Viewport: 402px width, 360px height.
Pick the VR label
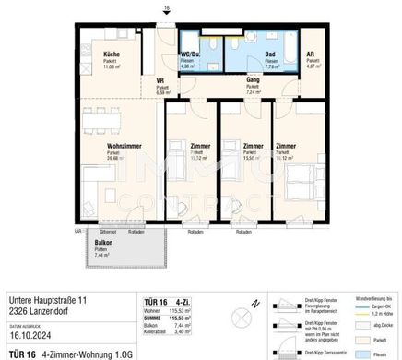point(160,80)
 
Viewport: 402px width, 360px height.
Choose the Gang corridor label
point(251,80)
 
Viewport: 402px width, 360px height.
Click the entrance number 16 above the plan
point(166,8)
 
